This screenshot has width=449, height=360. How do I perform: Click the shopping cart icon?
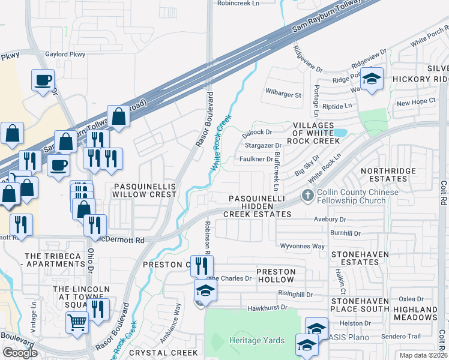coord(77,322)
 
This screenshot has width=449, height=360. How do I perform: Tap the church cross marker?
coord(307,195)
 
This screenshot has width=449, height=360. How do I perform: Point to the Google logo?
coord(20,353)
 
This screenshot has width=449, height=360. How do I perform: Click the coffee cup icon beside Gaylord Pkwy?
coord(43,80)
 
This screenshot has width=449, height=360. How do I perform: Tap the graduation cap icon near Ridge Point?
coord(372,79)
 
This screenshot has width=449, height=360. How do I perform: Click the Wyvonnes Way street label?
coord(303,246)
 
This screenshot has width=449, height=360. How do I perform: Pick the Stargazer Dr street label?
coord(263,145)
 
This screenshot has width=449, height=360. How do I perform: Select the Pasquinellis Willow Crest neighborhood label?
coord(145,191)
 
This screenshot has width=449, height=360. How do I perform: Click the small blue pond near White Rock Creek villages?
coord(340,132)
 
